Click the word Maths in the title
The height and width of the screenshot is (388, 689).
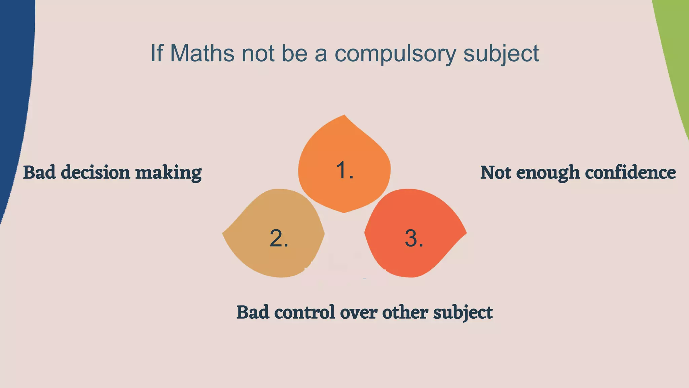(202, 53)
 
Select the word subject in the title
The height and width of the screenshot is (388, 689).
(501, 54)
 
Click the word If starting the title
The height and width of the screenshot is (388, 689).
(156, 53)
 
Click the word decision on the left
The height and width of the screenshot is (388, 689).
(96, 172)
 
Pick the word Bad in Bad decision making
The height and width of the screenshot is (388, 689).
(39, 172)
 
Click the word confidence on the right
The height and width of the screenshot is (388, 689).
(630, 172)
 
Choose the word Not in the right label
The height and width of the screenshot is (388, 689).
(496, 172)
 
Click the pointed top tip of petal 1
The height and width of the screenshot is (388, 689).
(344, 116)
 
